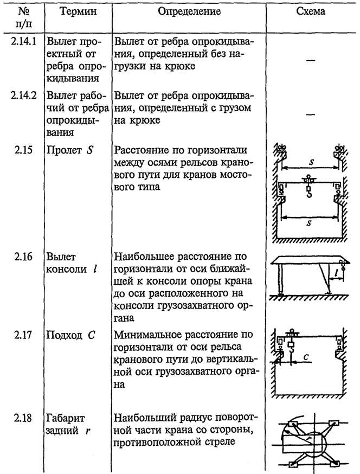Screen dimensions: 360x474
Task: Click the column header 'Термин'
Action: click(78, 11)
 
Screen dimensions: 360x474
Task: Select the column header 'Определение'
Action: click(190, 12)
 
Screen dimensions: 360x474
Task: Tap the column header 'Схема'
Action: click(311, 11)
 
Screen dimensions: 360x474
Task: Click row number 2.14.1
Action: click(23, 41)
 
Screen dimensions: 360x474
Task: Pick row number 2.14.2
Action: click(23, 95)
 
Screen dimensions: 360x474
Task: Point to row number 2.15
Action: click(23, 150)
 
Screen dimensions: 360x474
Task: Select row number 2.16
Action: click(23, 257)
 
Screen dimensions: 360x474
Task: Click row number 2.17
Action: click(23, 335)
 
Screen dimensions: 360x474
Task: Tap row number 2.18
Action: click(23, 418)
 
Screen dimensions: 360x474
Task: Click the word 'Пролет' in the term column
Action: click(64, 150)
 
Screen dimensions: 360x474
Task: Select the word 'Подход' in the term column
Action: click(64, 336)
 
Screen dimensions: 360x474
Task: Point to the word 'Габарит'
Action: click(66, 419)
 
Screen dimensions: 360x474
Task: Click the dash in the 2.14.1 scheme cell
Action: click(311, 60)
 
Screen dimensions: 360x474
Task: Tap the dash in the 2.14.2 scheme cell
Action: click(311, 114)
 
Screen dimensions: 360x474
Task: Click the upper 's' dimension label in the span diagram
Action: click(311, 162)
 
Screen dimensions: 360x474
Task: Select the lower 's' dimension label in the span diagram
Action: click(309, 223)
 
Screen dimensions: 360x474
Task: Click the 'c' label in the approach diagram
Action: click(306, 357)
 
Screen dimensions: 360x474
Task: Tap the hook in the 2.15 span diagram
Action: click(308, 193)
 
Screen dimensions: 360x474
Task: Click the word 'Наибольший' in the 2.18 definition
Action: click(142, 418)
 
